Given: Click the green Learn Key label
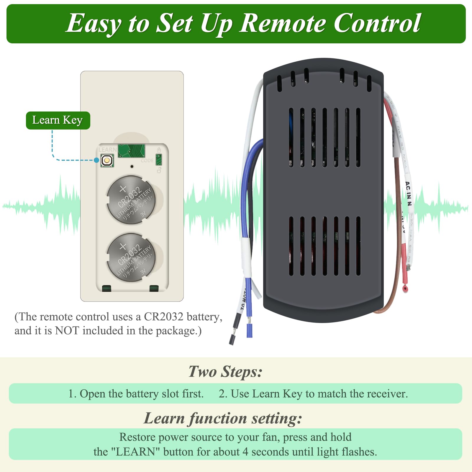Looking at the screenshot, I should [x=58, y=120].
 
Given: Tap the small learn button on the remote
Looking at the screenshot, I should [x=106, y=160].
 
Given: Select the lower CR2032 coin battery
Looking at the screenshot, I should [x=131, y=257].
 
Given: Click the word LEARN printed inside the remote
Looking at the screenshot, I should [x=107, y=150].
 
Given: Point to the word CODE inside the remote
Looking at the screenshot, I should [x=147, y=160].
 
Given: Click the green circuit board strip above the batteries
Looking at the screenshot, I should [x=131, y=151].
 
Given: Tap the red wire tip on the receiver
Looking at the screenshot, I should [x=405, y=289].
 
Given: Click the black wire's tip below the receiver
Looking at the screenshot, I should [x=232, y=339].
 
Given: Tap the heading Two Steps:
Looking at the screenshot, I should [x=225, y=371].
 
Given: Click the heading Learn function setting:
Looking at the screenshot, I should [x=223, y=418].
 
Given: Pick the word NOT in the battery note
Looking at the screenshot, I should [x=67, y=331].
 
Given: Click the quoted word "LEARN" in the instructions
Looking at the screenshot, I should [x=136, y=452].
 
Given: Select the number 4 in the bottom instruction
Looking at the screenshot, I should [x=245, y=452].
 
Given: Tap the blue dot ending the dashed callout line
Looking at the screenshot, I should [x=96, y=160].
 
